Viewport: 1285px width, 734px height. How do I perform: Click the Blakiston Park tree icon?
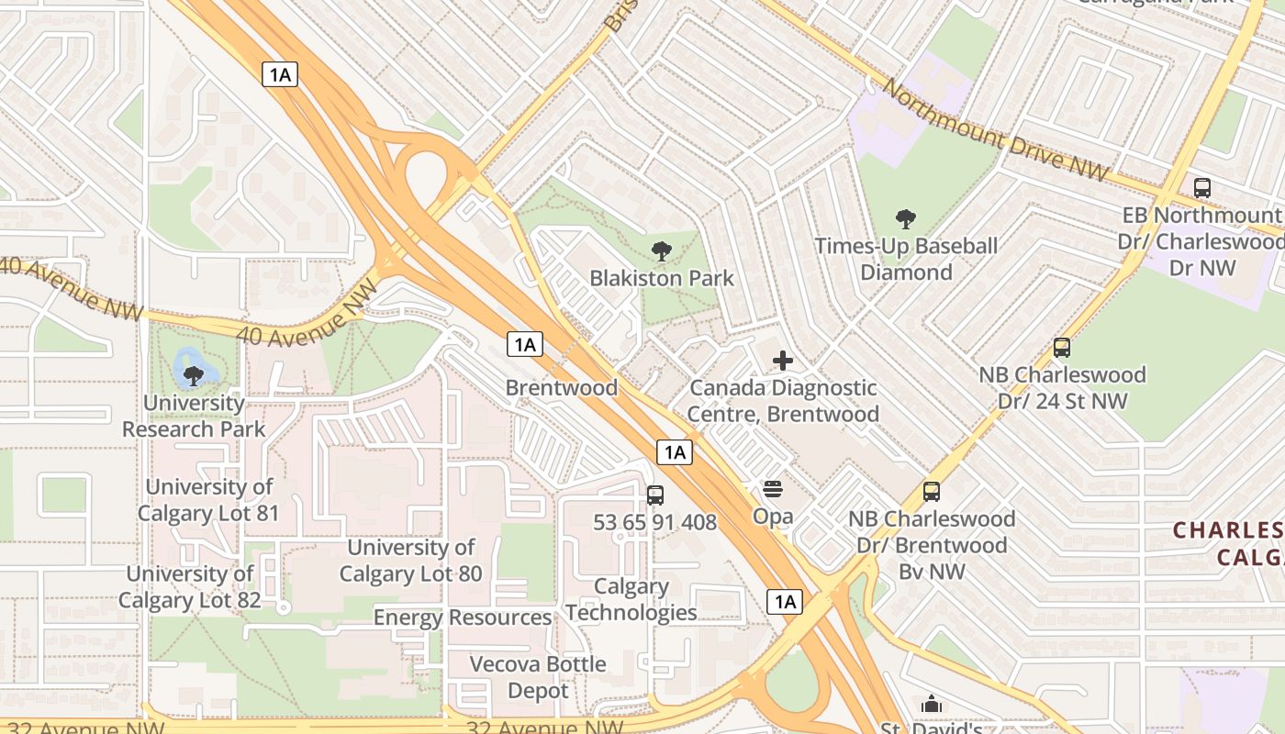pos(661,250)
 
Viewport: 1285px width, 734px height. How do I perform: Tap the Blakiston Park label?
pos(661,278)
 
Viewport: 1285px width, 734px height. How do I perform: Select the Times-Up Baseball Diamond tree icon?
pos(906,219)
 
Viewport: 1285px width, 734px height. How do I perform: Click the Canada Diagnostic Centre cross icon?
pos(783,361)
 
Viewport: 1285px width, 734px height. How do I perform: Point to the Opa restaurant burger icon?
pos(773,489)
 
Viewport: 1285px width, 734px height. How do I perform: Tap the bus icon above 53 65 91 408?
pos(655,495)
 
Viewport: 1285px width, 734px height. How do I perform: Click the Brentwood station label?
pos(561,387)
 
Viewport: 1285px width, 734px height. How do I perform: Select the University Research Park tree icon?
pos(194,375)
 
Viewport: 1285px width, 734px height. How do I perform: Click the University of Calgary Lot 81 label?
pos(208,500)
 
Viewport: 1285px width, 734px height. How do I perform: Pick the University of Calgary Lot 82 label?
pos(190,587)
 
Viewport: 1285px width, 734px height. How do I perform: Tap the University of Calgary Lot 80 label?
pos(410,561)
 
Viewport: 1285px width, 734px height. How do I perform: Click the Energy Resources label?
pos(462,617)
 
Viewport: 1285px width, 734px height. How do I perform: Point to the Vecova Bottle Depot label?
pos(538,676)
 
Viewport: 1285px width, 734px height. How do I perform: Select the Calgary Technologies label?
pos(631,599)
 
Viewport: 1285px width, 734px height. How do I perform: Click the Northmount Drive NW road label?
pos(996,129)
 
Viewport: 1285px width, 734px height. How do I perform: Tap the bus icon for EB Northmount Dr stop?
pos(1201,188)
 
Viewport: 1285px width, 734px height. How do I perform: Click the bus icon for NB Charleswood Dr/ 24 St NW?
pos(1062,348)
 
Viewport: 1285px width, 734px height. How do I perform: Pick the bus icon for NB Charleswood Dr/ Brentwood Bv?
pos(932,492)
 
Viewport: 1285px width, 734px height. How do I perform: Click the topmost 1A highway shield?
pos(280,74)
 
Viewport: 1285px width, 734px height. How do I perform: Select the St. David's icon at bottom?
pos(932,705)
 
